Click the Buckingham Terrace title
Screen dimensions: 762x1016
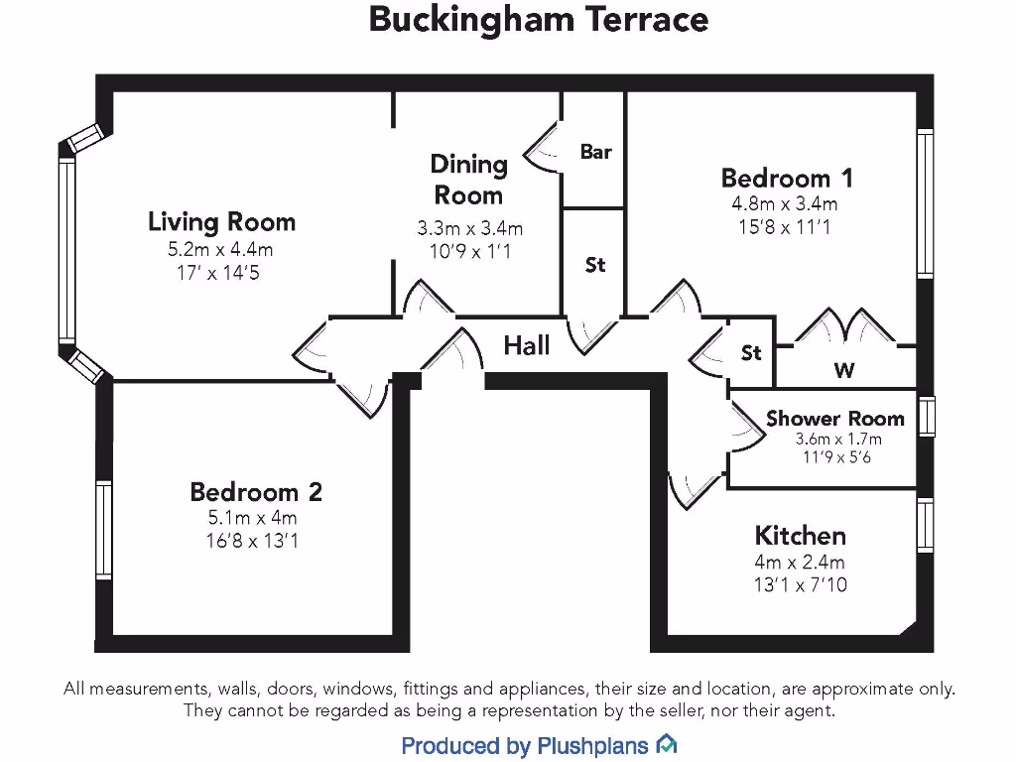538,19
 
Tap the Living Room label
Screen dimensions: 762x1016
221,221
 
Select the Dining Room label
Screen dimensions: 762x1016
468,180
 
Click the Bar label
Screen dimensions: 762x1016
595,152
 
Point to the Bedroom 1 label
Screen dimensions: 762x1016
786,179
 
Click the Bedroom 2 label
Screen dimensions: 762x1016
256,492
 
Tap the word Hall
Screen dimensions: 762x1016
527,345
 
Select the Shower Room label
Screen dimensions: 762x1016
834,419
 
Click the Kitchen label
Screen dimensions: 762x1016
800,536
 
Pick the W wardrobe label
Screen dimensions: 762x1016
844,371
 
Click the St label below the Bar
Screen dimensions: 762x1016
594,265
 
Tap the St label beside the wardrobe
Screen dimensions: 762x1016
751,352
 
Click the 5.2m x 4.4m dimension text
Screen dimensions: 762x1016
220,249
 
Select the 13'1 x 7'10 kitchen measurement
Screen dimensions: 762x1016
800,584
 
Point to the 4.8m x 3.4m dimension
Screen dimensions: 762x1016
785,204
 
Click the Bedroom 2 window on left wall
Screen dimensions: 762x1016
103,528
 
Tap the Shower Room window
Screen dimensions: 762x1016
926,416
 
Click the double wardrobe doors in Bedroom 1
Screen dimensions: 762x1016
844,327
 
